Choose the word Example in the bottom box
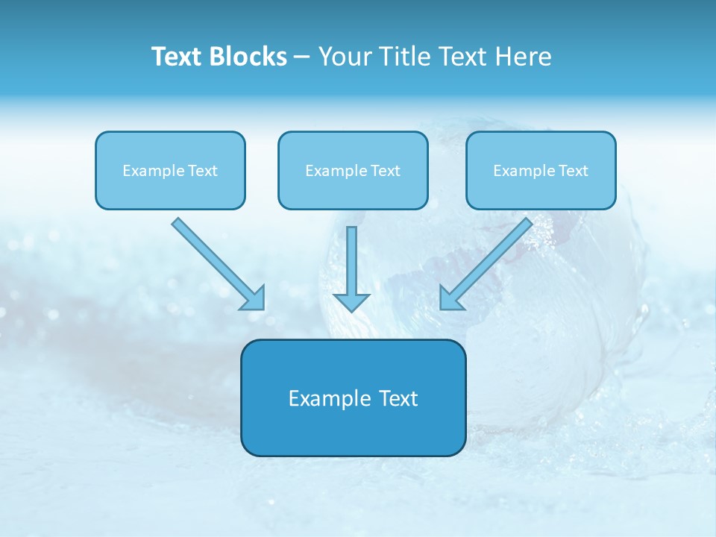click(x=329, y=399)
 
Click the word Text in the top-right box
click(x=574, y=171)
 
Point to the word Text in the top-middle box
click(x=386, y=171)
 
